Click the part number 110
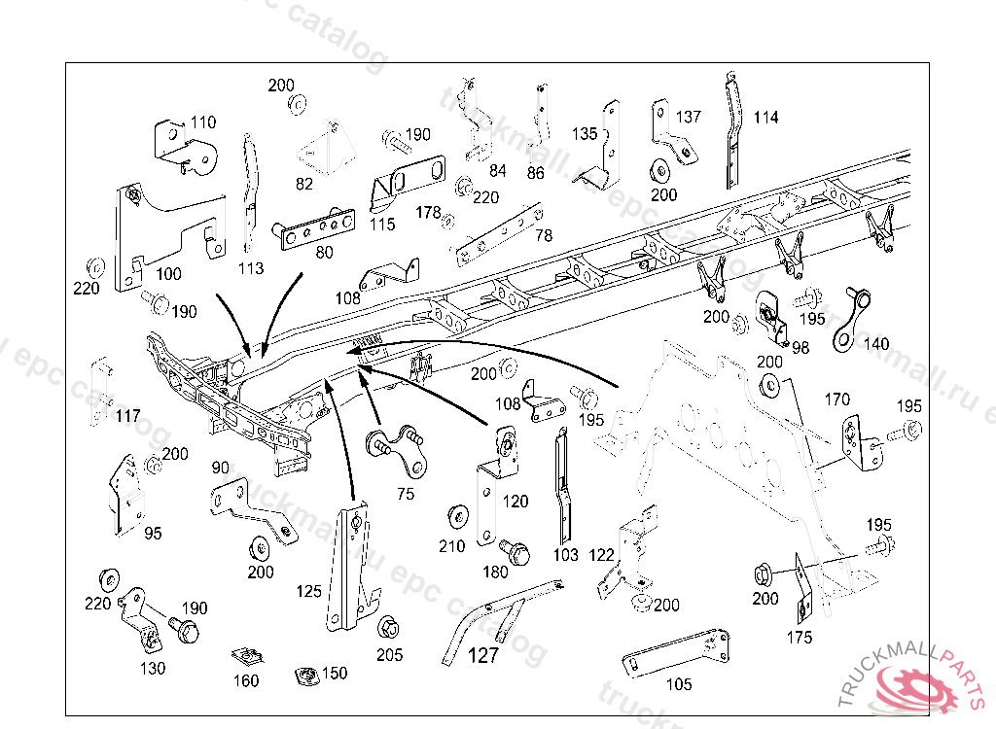click(203, 122)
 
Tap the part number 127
click(483, 655)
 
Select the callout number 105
click(679, 684)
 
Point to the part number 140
click(875, 344)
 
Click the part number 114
click(765, 118)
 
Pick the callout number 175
click(800, 638)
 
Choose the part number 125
click(308, 590)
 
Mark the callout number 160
click(246, 680)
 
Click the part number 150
click(334, 673)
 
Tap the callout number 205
click(389, 654)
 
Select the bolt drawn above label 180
click(516, 552)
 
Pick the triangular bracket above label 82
click(320, 150)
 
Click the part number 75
click(405, 493)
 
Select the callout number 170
click(836, 399)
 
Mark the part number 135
click(585, 133)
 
